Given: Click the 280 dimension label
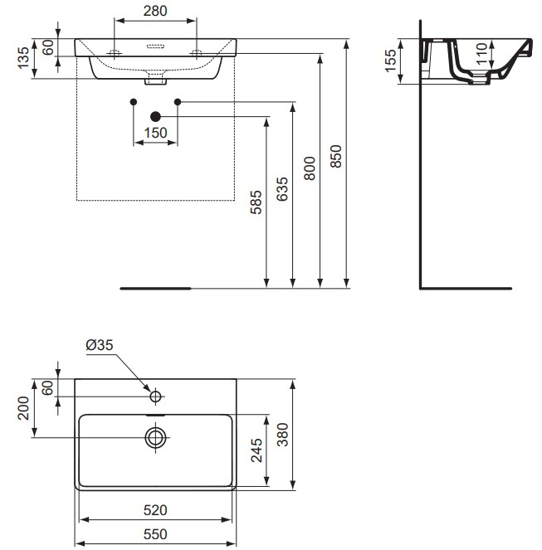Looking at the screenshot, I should pos(155,11).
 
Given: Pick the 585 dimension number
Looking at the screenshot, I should pos(256,203).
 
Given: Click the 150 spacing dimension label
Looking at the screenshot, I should pos(156,133).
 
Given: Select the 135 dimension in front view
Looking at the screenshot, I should pos(23,59).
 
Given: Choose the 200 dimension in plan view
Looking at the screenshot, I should pos(23,409).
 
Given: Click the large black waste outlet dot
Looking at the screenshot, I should pos(155,117).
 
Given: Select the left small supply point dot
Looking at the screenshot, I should pos(134,102).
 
